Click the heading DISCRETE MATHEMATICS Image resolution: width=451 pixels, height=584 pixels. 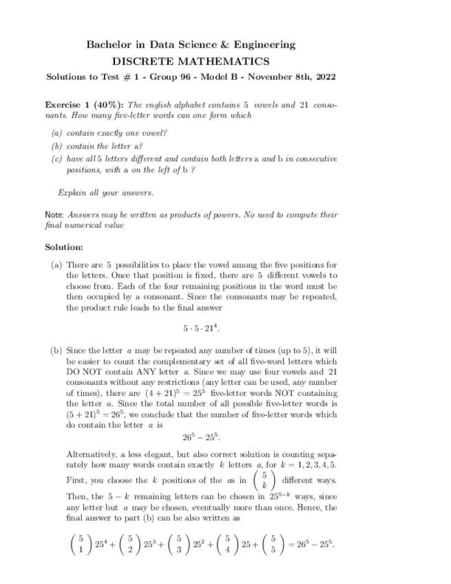tap(191, 61)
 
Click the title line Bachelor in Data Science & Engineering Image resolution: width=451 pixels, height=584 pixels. tap(191, 45)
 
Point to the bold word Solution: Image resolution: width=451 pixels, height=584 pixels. tap(64, 247)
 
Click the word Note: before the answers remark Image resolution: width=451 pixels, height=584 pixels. tap(54, 215)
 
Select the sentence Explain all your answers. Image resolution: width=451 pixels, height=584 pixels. tap(105, 192)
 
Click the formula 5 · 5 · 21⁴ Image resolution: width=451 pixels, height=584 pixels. tap(201, 329)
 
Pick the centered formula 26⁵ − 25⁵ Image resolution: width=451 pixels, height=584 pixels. tap(201, 437)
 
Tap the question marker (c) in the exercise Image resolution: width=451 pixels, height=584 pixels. tap(57, 158)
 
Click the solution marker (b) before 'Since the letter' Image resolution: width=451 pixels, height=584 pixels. tap(57, 351)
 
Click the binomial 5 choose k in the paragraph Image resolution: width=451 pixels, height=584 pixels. tap(264, 480)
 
